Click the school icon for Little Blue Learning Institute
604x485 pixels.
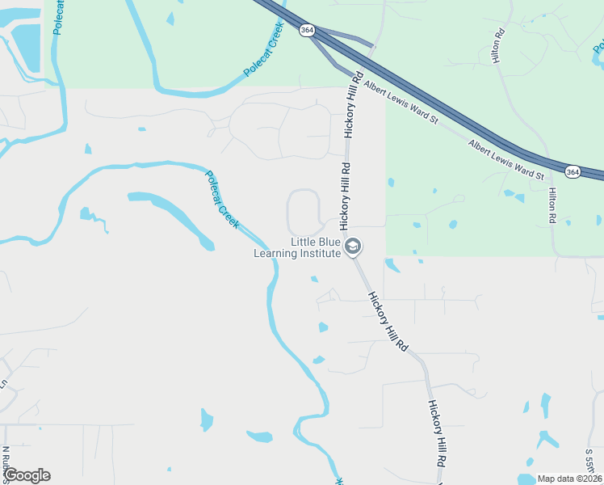click(352, 247)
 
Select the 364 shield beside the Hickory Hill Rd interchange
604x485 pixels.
click(306, 30)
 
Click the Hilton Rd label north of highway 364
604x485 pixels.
click(500, 46)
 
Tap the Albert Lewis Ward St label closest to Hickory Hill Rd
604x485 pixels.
click(400, 102)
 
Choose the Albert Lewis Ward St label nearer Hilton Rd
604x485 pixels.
click(507, 159)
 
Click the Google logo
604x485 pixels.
click(27, 475)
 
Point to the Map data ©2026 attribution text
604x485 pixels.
click(569, 479)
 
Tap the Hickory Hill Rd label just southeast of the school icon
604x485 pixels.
click(388, 320)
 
